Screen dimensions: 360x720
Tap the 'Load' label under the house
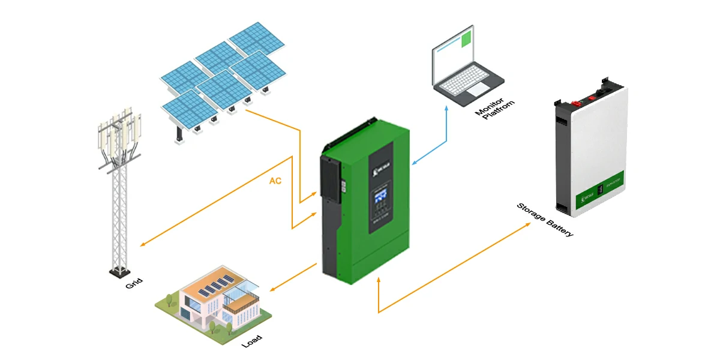click(x=251, y=339)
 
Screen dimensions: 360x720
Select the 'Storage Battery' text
click(x=545, y=220)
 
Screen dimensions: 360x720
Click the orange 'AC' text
click(x=275, y=181)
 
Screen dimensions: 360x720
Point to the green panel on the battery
click(x=598, y=190)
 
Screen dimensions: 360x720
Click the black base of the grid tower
click(x=119, y=274)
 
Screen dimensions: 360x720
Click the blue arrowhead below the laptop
click(x=446, y=109)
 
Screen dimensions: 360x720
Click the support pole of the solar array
click(x=179, y=131)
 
